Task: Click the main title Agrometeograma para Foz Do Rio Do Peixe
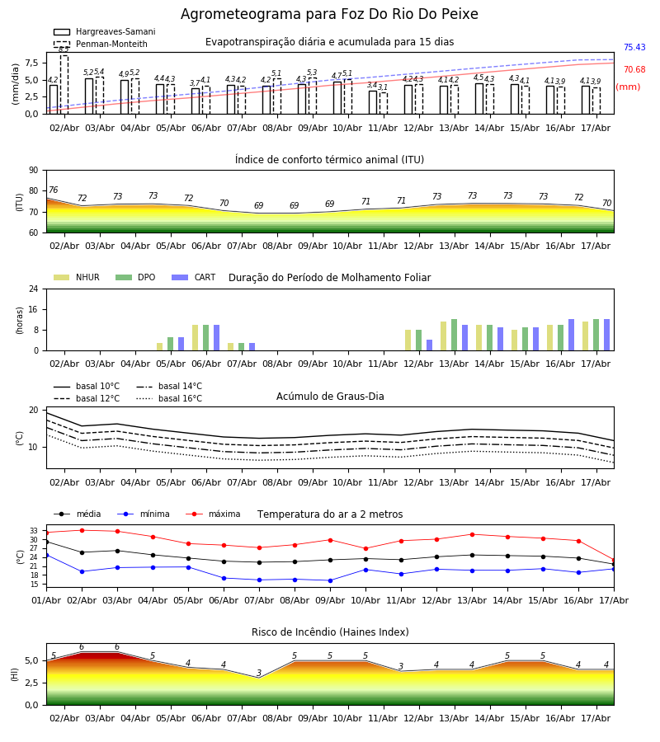click(x=329, y=14)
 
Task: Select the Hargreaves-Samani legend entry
click(x=105, y=31)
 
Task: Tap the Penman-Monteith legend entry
click(x=101, y=44)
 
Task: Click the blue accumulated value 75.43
click(x=634, y=47)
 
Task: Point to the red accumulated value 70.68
click(x=634, y=69)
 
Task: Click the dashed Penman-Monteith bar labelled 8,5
click(x=64, y=85)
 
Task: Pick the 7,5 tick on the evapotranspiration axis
click(x=32, y=63)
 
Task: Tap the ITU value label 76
click(x=53, y=190)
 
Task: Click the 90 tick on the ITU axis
click(x=34, y=171)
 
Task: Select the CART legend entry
click(x=193, y=277)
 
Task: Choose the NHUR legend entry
click(x=77, y=277)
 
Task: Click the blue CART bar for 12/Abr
click(x=430, y=345)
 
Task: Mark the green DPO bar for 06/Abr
click(x=206, y=338)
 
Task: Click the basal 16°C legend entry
click(x=169, y=398)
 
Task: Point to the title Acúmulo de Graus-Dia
click(x=330, y=397)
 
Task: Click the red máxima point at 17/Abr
click(x=614, y=561)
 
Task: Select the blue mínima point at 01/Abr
click(x=46, y=555)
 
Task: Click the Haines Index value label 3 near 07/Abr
click(x=259, y=673)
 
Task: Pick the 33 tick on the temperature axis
click(x=34, y=531)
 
